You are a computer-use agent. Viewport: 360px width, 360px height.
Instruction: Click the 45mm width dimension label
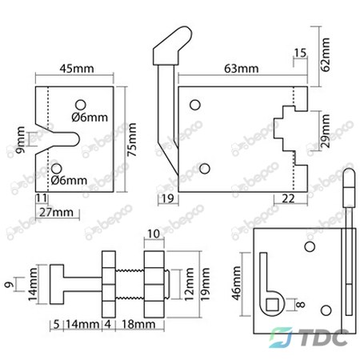77,69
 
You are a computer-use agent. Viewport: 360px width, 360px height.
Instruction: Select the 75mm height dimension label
132,139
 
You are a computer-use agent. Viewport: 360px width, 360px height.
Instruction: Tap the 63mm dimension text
242,69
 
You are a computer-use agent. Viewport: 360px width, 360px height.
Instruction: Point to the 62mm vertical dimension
326,54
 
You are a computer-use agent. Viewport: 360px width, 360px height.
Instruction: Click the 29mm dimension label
326,131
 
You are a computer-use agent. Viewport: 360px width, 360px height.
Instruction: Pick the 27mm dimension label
56,212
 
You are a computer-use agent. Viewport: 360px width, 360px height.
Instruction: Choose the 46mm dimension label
237,283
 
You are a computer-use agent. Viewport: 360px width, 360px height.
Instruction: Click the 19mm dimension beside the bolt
205,284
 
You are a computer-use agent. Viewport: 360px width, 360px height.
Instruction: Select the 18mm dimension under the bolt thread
138,324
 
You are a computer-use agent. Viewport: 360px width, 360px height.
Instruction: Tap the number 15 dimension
300,53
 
